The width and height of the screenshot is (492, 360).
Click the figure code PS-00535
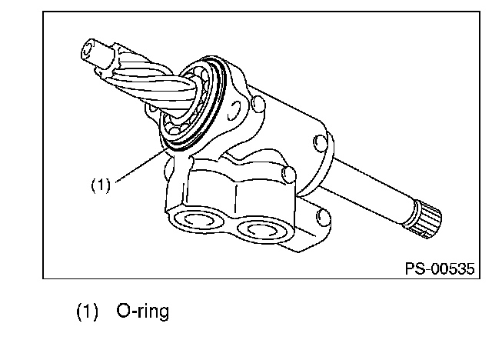coord(440,269)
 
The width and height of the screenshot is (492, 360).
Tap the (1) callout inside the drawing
coord(101,185)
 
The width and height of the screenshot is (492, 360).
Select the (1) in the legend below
coord(87,312)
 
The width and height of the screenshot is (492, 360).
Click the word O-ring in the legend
coord(143,312)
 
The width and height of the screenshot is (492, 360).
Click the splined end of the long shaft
coord(428,220)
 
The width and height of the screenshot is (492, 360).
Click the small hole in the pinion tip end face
coord(87,48)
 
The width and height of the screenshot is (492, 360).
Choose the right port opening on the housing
coord(261,230)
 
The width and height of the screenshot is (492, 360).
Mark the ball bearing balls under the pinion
coord(179,125)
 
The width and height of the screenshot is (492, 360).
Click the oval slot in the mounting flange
coord(234,111)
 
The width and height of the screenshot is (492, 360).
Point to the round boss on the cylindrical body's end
coord(320,143)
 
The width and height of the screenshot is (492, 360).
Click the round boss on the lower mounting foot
coord(323,217)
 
